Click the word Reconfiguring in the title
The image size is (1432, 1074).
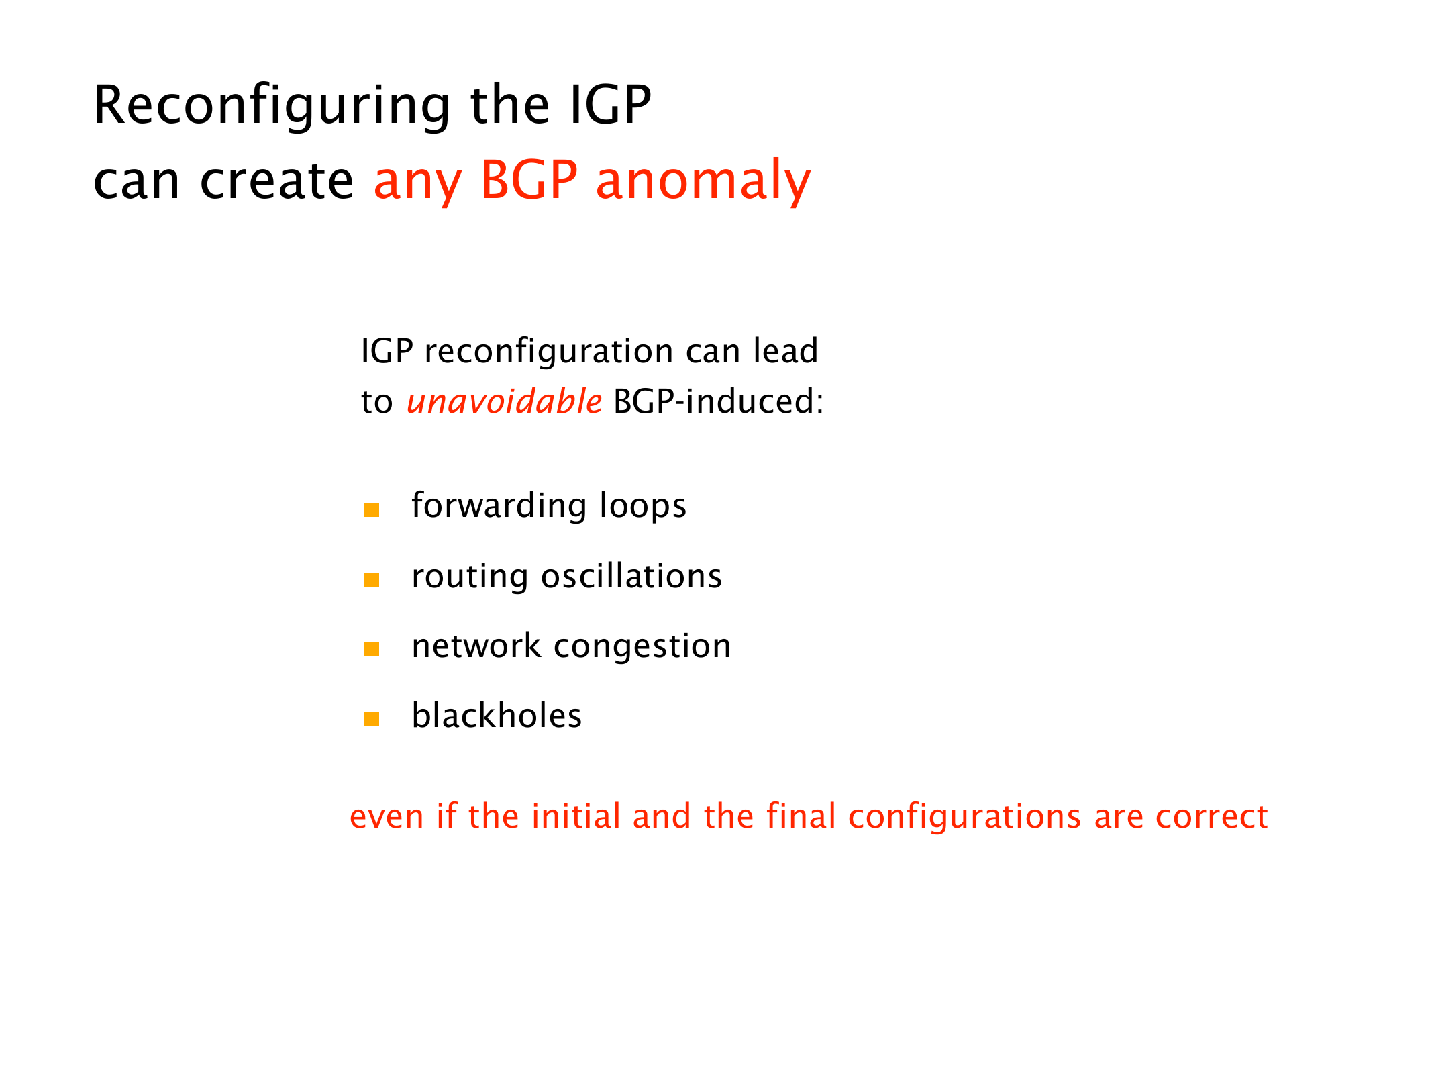(x=272, y=106)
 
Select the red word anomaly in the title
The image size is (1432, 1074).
(x=703, y=181)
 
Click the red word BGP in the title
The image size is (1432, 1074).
(x=529, y=180)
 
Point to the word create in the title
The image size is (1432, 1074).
(x=276, y=181)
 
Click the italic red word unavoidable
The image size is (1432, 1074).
(x=504, y=401)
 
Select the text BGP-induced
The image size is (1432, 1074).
(x=718, y=401)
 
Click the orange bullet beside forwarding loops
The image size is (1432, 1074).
(x=371, y=509)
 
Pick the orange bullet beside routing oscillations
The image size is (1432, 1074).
(x=371, y=579)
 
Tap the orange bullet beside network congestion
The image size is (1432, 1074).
(x=371, y=649)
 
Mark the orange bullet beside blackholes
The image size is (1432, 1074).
(x=371, y=719)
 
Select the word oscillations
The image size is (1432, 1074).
(x=631, y=576)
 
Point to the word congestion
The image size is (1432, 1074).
(x=642, y=647)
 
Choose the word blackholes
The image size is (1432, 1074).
(x=497, y=715)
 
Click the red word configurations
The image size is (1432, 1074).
(x=964, y=818)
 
